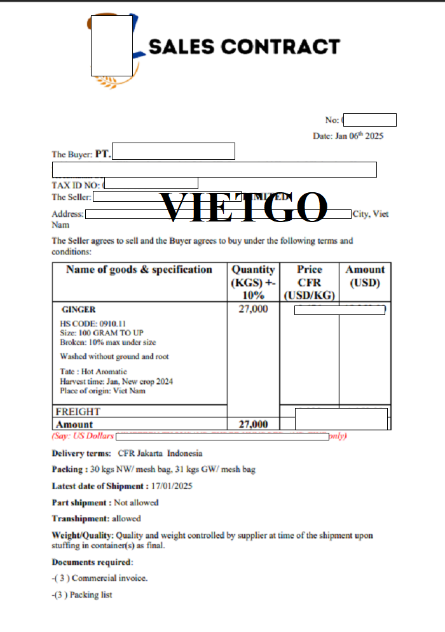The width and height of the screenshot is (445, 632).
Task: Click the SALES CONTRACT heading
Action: click(x=244, y=46)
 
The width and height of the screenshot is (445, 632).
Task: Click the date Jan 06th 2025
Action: click(x=348, y=136)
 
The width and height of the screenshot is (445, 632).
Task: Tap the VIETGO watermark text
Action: click(x=243, y=207)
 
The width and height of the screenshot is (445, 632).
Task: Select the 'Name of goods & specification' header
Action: click(x=139, y=270)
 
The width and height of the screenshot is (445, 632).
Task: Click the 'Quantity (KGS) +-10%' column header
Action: click(x=253, y=282)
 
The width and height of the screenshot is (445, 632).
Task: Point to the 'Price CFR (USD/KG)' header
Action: click(x=309, y=282)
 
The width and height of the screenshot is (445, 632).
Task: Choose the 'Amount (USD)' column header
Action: click(x=365, y=276)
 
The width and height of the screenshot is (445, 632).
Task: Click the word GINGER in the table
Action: click(x=79, y=310)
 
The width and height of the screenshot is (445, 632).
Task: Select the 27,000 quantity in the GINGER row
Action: click(x=253, y=309)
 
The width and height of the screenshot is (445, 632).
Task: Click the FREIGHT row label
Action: click(x=78, y=412)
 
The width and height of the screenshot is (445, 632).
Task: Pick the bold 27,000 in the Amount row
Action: click(x=253, y=425)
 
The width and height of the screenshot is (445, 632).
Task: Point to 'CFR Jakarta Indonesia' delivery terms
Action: click(x=160, y=454)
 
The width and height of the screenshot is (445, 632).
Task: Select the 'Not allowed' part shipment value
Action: click(x=136, y=503)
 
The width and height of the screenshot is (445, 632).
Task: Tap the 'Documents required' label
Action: click(x=92, y=563)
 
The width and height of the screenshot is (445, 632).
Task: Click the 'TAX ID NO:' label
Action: click(x=76, y=185)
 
